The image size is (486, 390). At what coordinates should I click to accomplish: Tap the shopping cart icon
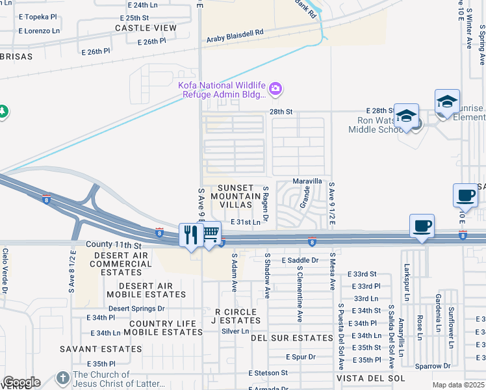click(210, 234)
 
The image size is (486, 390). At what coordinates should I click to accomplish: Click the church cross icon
click(62, 378)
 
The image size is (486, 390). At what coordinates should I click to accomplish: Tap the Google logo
click(21, 382)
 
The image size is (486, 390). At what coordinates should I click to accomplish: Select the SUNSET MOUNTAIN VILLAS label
click(235, 196)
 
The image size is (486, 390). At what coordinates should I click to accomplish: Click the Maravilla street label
click(307, 181)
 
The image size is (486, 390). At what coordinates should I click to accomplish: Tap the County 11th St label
click(113, 245)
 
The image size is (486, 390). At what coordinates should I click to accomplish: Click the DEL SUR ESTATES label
click(292, 338)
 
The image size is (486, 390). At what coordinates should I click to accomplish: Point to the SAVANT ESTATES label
click(110, 349)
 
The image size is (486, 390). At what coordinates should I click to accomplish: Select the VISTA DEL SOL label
click(370, 378)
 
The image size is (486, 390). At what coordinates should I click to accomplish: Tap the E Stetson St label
click(268, 373)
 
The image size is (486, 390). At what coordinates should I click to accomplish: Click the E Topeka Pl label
click(37, 17)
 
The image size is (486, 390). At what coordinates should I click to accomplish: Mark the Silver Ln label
click(235, 331)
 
